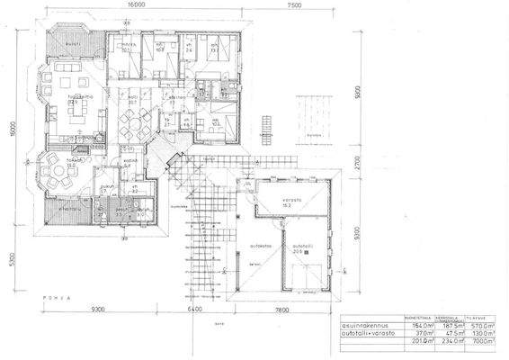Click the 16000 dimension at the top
point(137,4)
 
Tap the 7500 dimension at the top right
point(294,4)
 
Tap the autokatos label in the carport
point(261,243)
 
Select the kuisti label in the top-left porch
point(74,42)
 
